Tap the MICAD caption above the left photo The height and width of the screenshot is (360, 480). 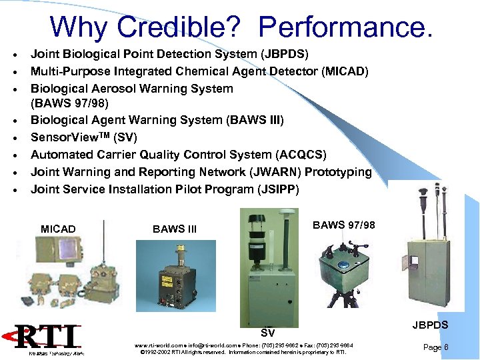pos(58,229)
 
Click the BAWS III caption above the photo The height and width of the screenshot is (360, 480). pos(175,229)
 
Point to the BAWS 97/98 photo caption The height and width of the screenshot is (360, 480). pos(344,225)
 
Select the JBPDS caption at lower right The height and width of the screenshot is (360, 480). pos(430,325)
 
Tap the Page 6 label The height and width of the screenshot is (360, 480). pos(436,347)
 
